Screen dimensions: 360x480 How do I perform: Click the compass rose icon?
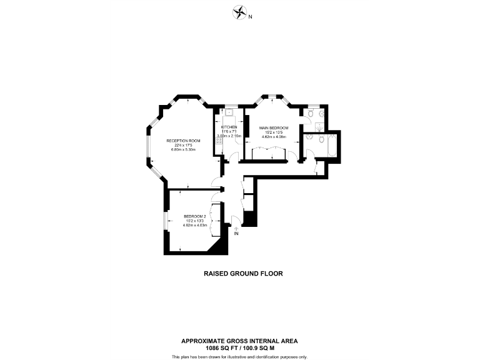[x=239, y=12]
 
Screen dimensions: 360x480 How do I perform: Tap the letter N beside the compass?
[x=250, y=17]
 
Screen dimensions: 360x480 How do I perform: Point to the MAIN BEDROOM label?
[x=274, y=127]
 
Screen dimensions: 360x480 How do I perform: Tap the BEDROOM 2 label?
[x=194, y=216]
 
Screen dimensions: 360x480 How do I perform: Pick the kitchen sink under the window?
[x=229, y=113]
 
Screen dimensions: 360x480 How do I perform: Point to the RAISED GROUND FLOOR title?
[x=239, y=273]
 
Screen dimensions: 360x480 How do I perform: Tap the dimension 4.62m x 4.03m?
[x=194, y=225]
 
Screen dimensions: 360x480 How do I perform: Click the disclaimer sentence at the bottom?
[x=239, y=356]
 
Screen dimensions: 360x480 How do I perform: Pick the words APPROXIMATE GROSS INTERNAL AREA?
[x=239, y=341]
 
